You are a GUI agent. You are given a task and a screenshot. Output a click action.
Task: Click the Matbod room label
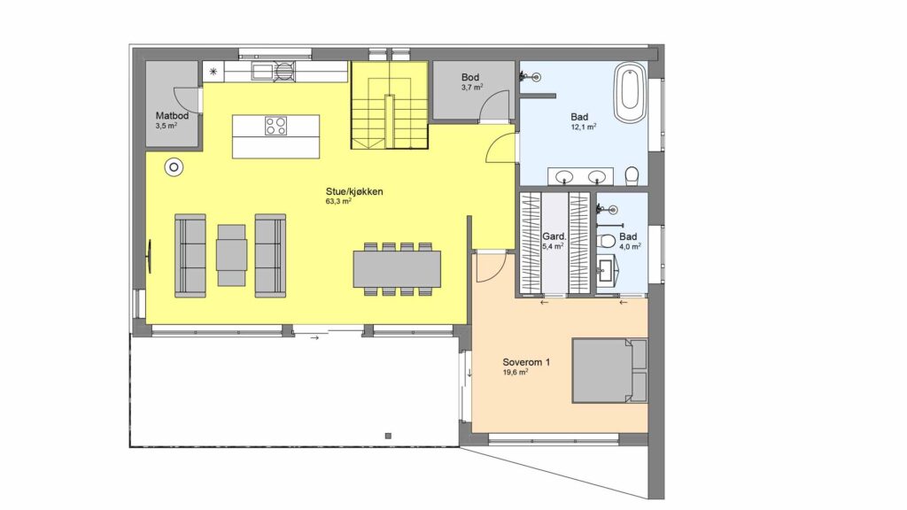pos(172,116)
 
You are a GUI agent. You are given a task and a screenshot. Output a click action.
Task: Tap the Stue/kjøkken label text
pos(354,191)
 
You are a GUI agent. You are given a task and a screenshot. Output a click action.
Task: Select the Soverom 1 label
pos(526,362)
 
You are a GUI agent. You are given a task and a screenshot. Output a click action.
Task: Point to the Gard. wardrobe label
pos(553,236)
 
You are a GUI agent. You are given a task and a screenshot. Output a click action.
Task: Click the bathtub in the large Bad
pos(630,92)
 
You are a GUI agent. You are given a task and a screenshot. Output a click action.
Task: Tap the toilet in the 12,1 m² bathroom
pos(632,175)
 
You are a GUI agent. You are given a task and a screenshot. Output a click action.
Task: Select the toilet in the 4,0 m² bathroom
pos(608,240)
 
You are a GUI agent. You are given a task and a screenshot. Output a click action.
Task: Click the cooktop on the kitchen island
pos(276,126)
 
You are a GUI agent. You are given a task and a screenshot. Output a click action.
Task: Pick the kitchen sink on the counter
pos(262,72)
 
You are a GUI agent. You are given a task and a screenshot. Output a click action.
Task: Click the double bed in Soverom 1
pos(609,371)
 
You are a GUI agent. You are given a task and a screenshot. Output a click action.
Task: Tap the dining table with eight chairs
pos(397,269)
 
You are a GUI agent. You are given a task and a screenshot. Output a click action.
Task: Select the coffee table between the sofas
pos(232,255)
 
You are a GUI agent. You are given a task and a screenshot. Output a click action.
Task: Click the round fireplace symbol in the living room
pos(174,167)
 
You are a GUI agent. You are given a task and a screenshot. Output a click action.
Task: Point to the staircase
pos(390,104)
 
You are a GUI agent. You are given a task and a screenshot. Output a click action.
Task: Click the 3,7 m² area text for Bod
pos(472,88)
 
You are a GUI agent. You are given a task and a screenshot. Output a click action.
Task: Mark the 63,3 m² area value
pos(338,202)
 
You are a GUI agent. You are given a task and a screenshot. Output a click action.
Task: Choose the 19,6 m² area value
pos(515,373)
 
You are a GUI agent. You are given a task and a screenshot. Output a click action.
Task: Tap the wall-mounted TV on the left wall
pos(149,256)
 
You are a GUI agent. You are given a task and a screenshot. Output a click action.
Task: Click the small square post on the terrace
pos(388,436)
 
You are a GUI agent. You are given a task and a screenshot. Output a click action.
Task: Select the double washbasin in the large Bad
pos(580,176)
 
